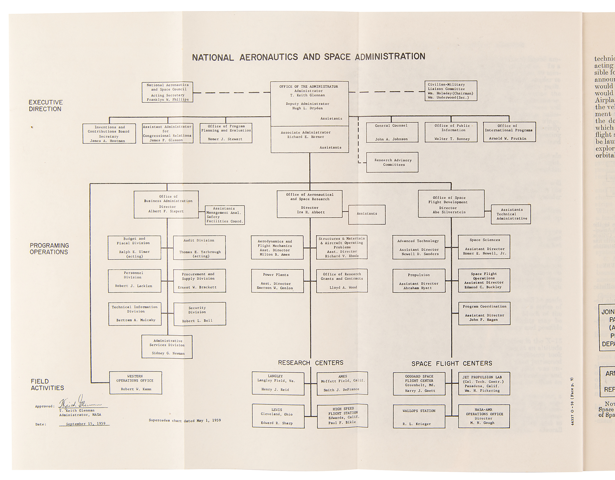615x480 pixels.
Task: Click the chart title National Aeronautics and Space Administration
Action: (308, 57)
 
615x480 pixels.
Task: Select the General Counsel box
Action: (392, 132)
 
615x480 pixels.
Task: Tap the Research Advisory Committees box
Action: (392, 162)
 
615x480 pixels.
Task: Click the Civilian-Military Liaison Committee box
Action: (450, 91)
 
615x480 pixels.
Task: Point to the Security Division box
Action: (200, 314)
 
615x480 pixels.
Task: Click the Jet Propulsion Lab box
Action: (484, 384)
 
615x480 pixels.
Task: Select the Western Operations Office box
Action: (136, 383)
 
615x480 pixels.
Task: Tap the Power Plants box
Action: (277, 281)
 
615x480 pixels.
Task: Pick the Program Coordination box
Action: (484, 313)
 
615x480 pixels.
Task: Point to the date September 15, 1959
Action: (85, 424)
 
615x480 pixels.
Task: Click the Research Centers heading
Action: (311, 363)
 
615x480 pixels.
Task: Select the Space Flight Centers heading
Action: (451, 363)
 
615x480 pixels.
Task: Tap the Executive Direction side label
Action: (46, 105)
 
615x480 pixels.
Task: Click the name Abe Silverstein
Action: (449, 212)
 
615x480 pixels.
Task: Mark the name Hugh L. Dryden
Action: (307, 108)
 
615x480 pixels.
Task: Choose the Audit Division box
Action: (199, 248)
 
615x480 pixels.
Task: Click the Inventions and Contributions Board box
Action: (109, 133)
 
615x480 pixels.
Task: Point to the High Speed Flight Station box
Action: (343, 416)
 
